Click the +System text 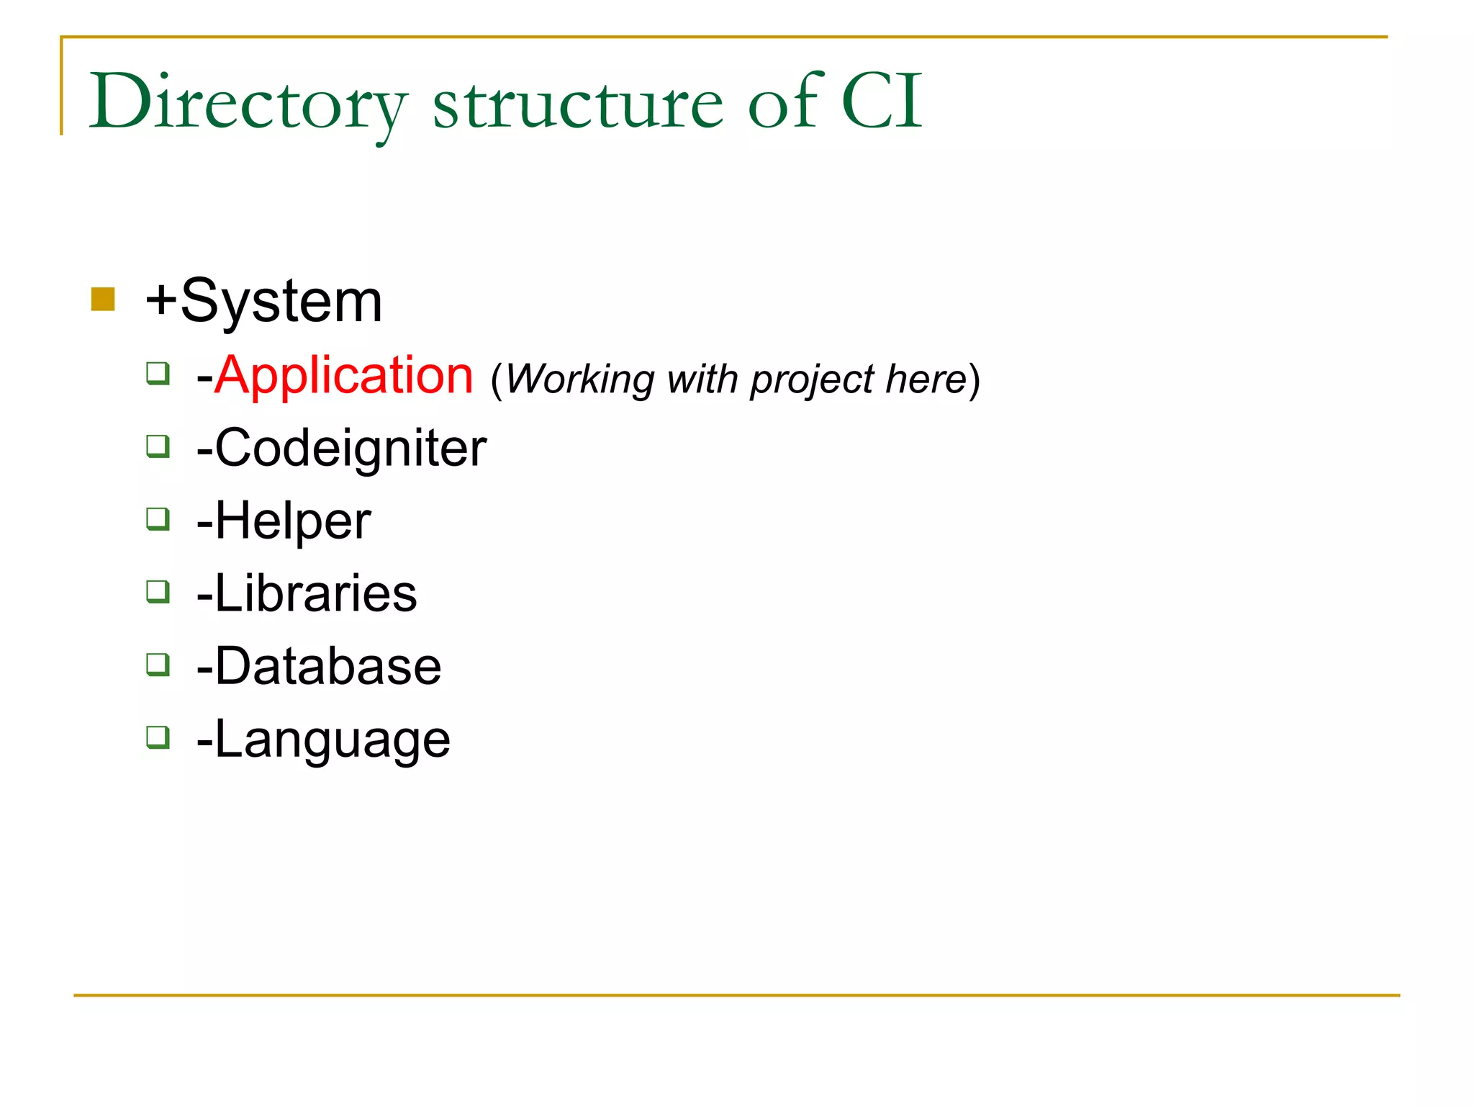(263, 301)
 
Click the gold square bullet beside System (103, 300)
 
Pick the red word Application (344, 375)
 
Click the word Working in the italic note (580, 379)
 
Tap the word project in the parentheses (812, 379)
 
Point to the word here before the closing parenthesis (926, 379)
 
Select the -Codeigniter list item (342, 449)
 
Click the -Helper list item (284, 521)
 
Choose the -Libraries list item (307, 593)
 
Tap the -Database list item (319, 666)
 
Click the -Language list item (323, 739)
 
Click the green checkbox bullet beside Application (158, 374)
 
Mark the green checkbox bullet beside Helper (158, 519)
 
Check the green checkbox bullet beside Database (158, 665)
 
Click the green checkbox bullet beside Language (158, 737)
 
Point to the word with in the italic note (702, 379)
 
